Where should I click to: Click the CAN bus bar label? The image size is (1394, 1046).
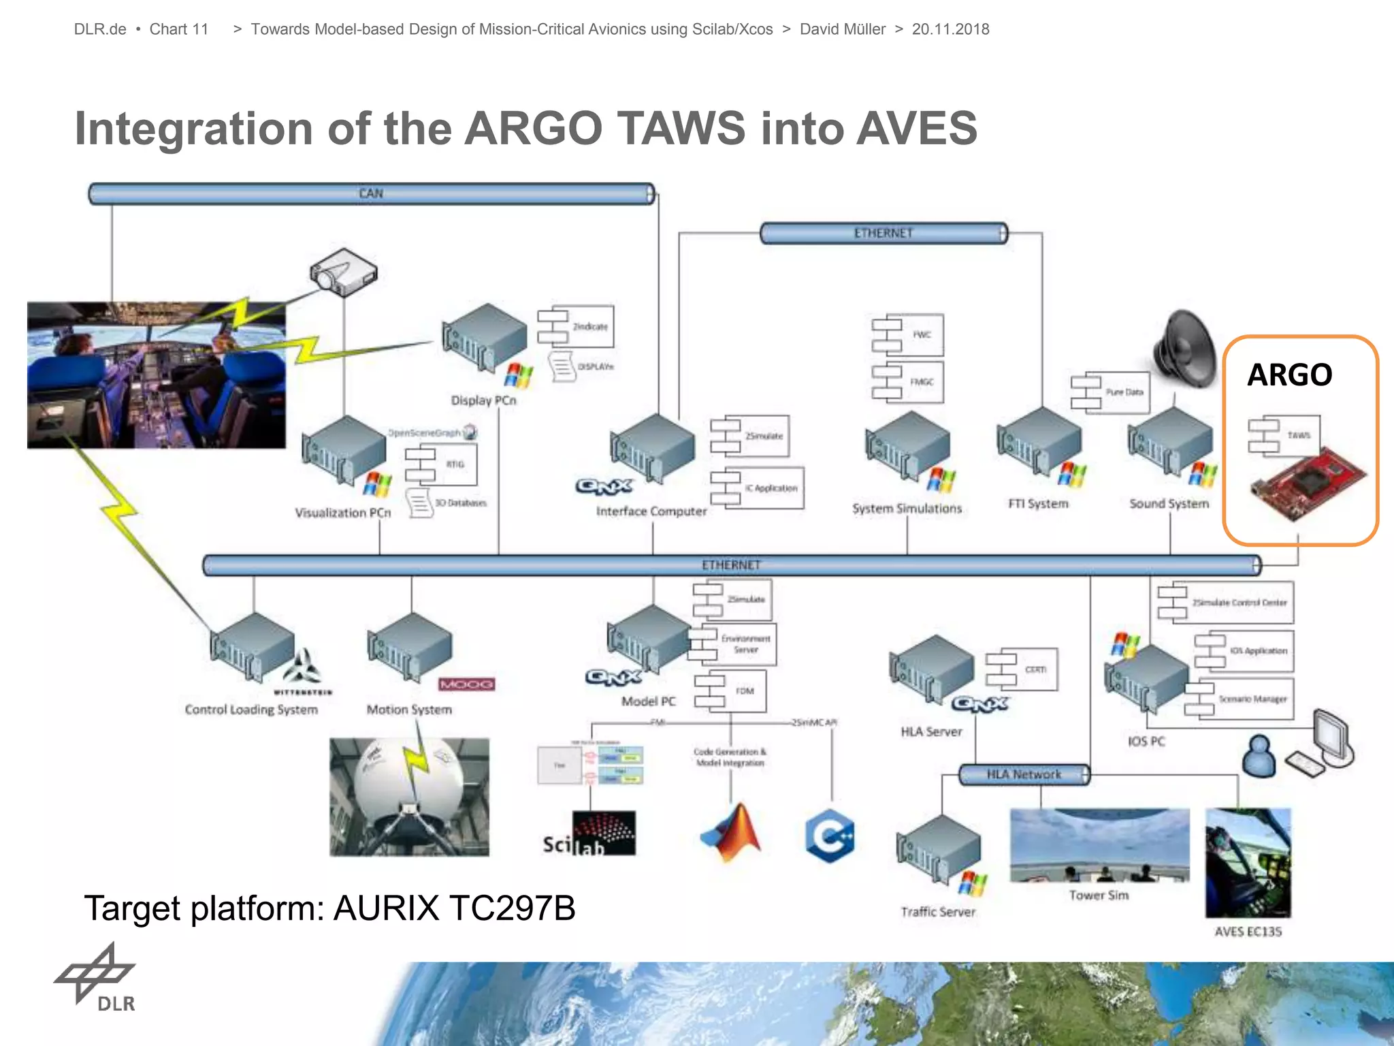coord(371,193)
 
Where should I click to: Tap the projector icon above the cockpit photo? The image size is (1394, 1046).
coord(343,272)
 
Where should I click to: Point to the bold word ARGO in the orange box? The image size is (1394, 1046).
coord(1289,375)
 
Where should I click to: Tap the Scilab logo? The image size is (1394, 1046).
coord(589,834)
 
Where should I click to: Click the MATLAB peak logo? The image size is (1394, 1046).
coord(731,832)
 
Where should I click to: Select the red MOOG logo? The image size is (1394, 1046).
coord(466,684)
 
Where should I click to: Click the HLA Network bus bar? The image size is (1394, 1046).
coord(1024,774)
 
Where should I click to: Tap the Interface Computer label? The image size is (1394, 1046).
coord(651,511)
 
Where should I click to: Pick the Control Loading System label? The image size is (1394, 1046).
coord(251,710)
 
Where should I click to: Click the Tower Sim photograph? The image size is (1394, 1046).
coord(1099,845)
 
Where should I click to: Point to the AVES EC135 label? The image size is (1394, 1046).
coord(1248,932)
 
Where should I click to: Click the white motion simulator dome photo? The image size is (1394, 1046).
coord(409,797)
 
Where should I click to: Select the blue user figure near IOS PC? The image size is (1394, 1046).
coord(1259,756)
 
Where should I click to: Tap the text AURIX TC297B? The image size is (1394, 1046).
coord(454,908)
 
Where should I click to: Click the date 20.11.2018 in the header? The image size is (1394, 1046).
coord(950,29)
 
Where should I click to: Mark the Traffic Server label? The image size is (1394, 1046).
coord(938,912)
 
